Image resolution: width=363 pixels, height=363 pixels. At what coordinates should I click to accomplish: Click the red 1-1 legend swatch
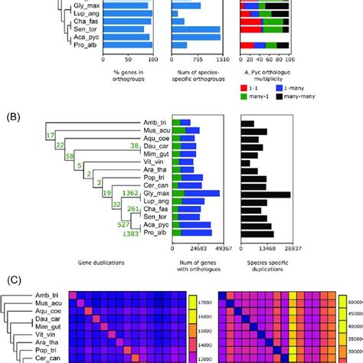click(x=245, y=89)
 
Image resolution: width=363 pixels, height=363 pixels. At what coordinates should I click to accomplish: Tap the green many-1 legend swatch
click(x=245, y=100)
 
